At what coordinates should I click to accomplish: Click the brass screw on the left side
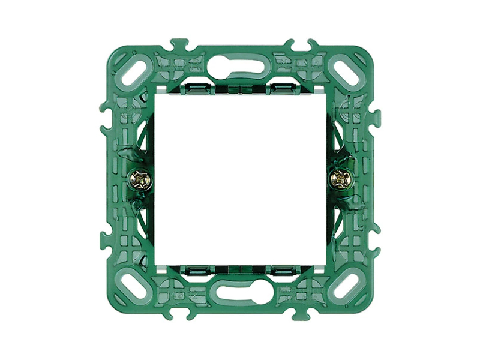click(140, 179)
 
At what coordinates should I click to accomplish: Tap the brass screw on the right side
click(340, 179)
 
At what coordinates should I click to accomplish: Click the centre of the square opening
click(240, 179)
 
